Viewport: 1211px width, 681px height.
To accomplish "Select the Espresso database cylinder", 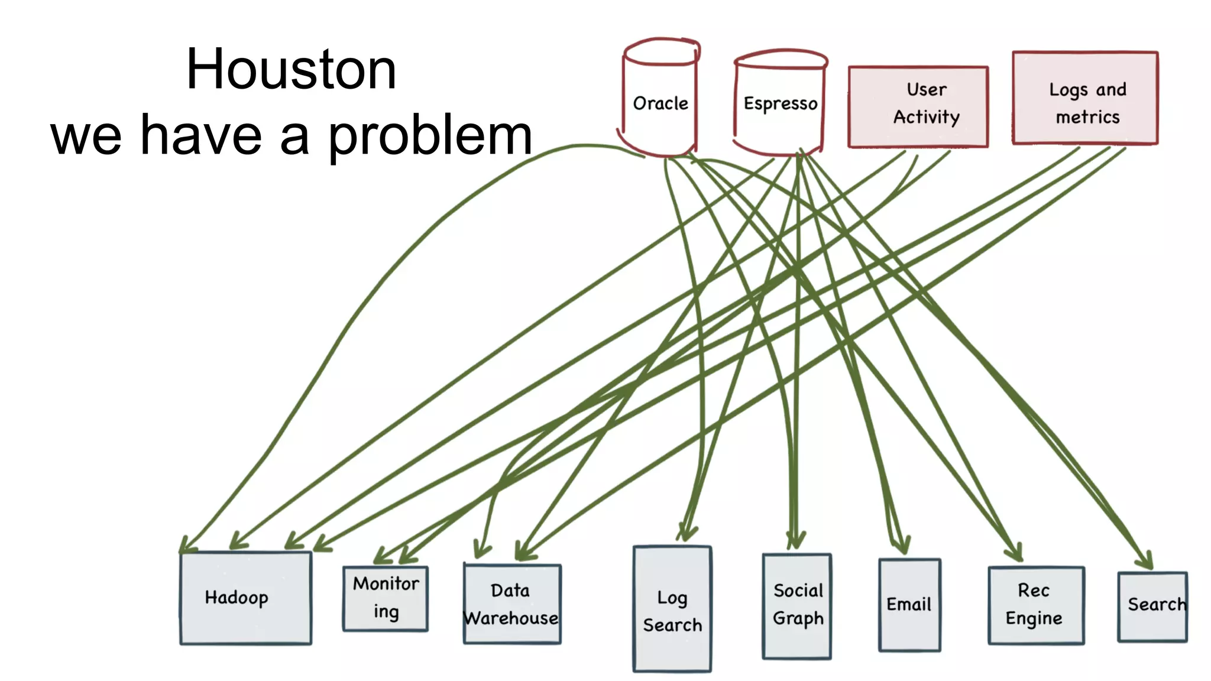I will pyautogui.click(x=780, y=104).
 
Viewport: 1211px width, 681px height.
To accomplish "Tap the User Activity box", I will pyautogui.click(x=918, y=106).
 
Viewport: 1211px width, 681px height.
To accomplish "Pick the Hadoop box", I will pyautogui.click(x=245, y=598).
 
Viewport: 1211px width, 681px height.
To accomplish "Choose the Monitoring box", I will pyautogui.click(x=386, y=598).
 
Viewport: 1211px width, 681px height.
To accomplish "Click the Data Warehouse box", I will pyautogui.click(x=512, y=604).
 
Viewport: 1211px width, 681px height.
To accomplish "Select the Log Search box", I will pyautogui.click(x=672, y=609).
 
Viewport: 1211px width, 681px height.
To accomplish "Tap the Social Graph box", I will pyautogui.click(x=797, y=605).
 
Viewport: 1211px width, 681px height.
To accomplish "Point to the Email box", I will pyautogui.click(x=909, y=605).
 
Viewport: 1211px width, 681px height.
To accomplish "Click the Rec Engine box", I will pyautogui.click(x=1035, y=605).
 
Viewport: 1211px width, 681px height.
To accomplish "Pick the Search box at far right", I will pyautogui.click(x=1152, y=605).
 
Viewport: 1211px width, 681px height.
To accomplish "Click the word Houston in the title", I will pyautogui.click(x=291, y=70).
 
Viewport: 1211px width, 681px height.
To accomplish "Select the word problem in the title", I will pyautogui.click(x=430, y=136).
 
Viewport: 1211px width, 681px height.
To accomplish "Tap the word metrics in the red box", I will pyautogui.click(x=1087, y=117).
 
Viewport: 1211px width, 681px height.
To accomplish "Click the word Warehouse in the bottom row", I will pyautogui.click(x=511, y=618).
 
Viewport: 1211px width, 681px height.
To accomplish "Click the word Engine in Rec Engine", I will pyautogui.click(x=1034, y=619).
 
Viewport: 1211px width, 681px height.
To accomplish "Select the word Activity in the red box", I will pyautogui.click(x=926, y=117).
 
